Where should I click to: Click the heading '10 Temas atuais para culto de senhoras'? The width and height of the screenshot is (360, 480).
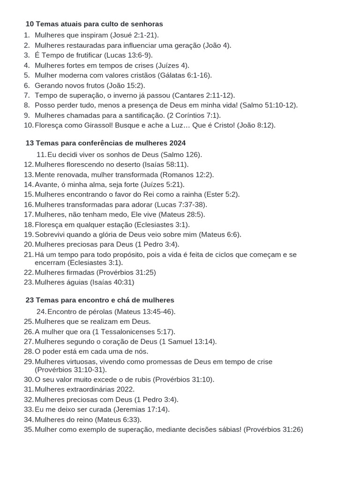[94, 23]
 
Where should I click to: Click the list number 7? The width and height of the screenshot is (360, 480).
[27, 95]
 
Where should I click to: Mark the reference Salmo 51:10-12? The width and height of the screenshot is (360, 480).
[268, 105]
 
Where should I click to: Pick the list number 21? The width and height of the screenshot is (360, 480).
[29, 255]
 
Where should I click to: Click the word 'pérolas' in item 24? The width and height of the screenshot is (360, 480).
[101, 311]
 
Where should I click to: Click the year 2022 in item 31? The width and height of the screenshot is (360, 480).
[125, 389]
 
